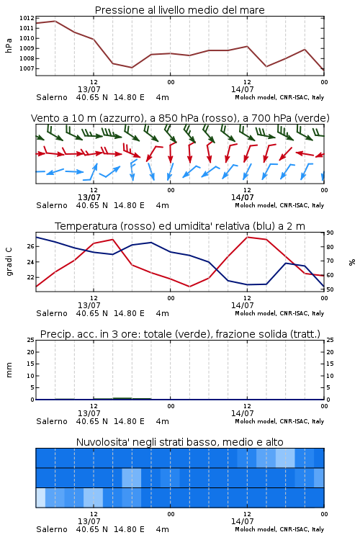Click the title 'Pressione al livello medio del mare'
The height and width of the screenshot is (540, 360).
[x=179, y=10]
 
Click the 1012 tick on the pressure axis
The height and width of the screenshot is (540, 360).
[x=27, y=18]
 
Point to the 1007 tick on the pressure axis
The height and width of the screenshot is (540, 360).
[x=27, y=68]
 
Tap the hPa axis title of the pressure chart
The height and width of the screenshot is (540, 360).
[x=9, y=45]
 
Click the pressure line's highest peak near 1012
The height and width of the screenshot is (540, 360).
[x=55, y=21]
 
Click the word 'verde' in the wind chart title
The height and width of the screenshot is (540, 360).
[x=313, y=118]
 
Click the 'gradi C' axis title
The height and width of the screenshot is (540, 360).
[x=9, y=261]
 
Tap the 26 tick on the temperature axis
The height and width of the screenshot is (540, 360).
[x=31, y=246]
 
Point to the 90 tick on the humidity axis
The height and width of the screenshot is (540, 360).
[x=330, y=233]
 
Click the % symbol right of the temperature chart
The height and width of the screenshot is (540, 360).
[x=352, y=262]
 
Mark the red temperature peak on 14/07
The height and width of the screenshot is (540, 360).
[x=248, y=237]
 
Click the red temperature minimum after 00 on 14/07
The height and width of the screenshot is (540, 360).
[x=189, y=287]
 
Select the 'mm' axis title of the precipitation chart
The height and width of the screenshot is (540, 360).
[x=9, y=370]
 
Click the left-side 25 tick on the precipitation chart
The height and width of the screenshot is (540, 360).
[x=31, y=340]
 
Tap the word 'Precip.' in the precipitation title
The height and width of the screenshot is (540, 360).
[x=54, y=334]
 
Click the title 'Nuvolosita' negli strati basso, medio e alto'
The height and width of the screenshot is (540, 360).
[x=179, y=442]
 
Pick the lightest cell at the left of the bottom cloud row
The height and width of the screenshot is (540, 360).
[x=40, y=498]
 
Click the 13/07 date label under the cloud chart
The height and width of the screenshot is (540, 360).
[x=89, y=521]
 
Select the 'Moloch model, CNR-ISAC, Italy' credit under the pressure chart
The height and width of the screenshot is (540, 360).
[x=279, y=97]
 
